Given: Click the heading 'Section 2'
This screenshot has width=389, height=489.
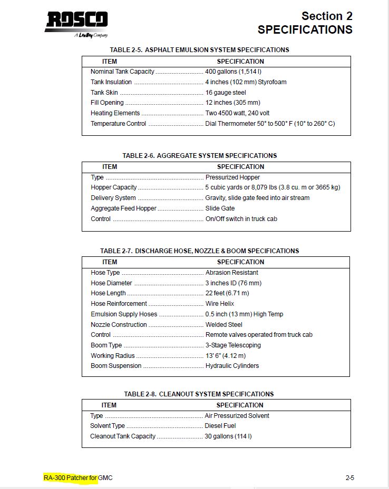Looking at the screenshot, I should (x=327, y=16).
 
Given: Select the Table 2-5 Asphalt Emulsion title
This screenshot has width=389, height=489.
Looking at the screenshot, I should (x=199, y=50).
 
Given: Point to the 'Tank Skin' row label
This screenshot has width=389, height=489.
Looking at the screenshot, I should (x=104, y=93).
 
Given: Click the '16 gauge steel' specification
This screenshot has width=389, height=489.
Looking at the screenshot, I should (x=226, y=93).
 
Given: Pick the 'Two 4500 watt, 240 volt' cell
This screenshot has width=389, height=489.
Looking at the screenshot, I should (x=237, y=113).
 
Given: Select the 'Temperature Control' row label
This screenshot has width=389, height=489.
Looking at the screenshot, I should (x=118, y=124).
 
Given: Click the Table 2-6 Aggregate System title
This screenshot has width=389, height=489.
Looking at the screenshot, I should (x=199, y=156).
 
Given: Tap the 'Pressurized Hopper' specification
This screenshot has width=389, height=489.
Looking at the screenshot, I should (x=232, y=177).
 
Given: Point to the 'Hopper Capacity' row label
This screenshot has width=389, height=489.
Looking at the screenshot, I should (x=113, y=187).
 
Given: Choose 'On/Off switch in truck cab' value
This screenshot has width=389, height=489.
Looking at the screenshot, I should (x=241, y=219).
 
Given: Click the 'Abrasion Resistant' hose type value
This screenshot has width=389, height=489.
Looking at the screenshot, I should (x=232, y=273).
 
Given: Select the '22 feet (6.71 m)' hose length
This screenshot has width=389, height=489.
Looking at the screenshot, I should (x=227, y=293).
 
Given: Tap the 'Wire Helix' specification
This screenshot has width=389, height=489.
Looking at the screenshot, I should (x=220, y=304).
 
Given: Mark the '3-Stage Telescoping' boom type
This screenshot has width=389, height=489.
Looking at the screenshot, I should (x=233, y=345).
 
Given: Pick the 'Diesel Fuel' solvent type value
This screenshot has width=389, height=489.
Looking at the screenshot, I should (x=220, y=426).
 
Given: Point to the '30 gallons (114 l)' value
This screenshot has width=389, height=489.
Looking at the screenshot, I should (x=228, y=436).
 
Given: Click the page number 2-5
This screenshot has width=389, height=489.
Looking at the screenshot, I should (x=350, y=478).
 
